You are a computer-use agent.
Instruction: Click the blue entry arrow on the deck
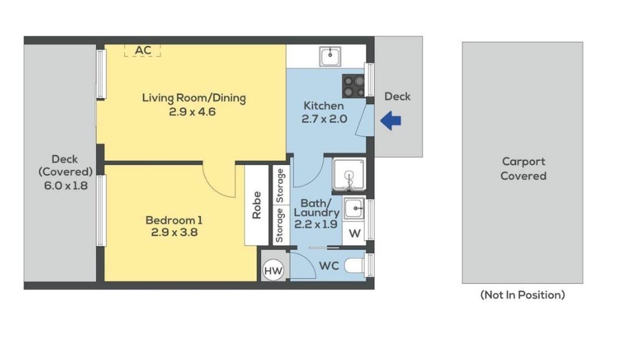[x=390, y=120]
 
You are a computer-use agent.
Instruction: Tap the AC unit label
[x=143, y=50]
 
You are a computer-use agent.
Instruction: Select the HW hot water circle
[x=273, y=271]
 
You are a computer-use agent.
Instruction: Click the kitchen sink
[x=330, y=56]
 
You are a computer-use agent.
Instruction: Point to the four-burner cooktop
[x=353, y=86]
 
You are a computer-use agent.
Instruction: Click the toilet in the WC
[x=356, y=266]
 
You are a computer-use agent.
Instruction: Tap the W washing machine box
[x=354, y=233]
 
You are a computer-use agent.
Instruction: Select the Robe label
[x=256, y=205]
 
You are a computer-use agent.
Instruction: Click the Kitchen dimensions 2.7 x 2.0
[x=324, y=119]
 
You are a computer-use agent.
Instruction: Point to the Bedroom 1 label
[x=174, y=220]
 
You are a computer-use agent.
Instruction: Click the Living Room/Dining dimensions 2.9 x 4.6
[x=192, y=112]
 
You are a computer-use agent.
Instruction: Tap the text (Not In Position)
[x=523, y=295]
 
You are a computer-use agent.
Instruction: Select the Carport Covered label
[x=523, y=168]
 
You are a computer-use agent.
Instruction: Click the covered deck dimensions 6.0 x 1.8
[x=66, y=186]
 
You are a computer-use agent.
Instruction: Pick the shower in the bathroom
[x=349, y=174]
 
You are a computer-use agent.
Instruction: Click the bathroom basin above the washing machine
[x=353, y=209]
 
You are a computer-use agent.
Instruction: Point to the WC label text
[x=329, y=266]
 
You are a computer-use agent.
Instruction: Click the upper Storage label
[x=280, y=186]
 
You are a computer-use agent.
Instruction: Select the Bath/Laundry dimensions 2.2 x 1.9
[x=316, y=224]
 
